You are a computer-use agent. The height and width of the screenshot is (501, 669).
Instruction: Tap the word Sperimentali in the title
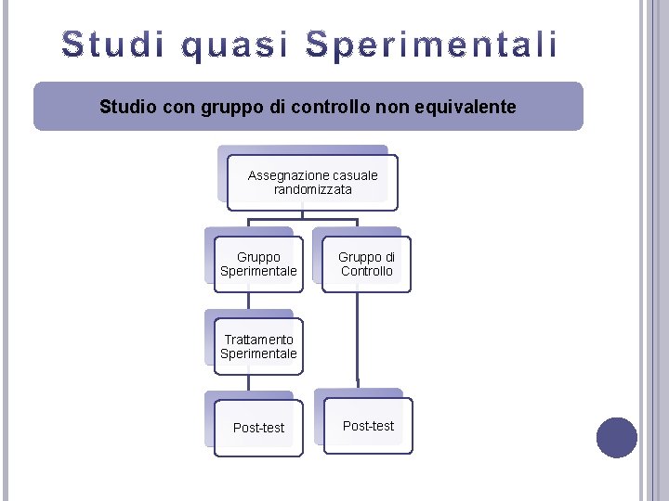pyautogui.click(x=432, y=45)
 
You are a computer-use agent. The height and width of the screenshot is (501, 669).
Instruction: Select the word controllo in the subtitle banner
pyautogui.click(x=324, y=107)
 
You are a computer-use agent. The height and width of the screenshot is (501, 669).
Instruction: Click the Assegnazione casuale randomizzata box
pyautogui.click(x=313, y=182)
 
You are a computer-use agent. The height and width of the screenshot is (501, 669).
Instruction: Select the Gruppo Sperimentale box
pyautogui.click(x=258, y=264)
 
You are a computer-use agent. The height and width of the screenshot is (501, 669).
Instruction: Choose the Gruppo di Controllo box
pyautogui.click(x=366, y=264)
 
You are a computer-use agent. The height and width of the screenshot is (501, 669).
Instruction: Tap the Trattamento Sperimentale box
pyautogui.click(x=258, y=346)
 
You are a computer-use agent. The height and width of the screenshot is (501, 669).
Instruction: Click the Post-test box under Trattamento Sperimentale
pyautogui.click(x=258, y=428)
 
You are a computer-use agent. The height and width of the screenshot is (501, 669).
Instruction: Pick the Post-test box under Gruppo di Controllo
pyautogui.click(x=368, y=426)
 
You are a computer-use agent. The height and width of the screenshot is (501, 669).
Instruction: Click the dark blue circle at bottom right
pyautogui.click(x=616, y=438)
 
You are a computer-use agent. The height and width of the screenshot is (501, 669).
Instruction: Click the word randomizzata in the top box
pyautogui.click(x=313, y=189)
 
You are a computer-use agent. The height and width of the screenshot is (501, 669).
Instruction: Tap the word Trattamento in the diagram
pyautogui.click(x=258, y=340)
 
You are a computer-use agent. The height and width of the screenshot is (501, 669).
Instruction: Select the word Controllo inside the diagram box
pyautogui.click(x=367, y=271)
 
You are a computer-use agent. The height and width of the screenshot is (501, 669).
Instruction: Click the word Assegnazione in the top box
pyautogui.click(x=288, y=175)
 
